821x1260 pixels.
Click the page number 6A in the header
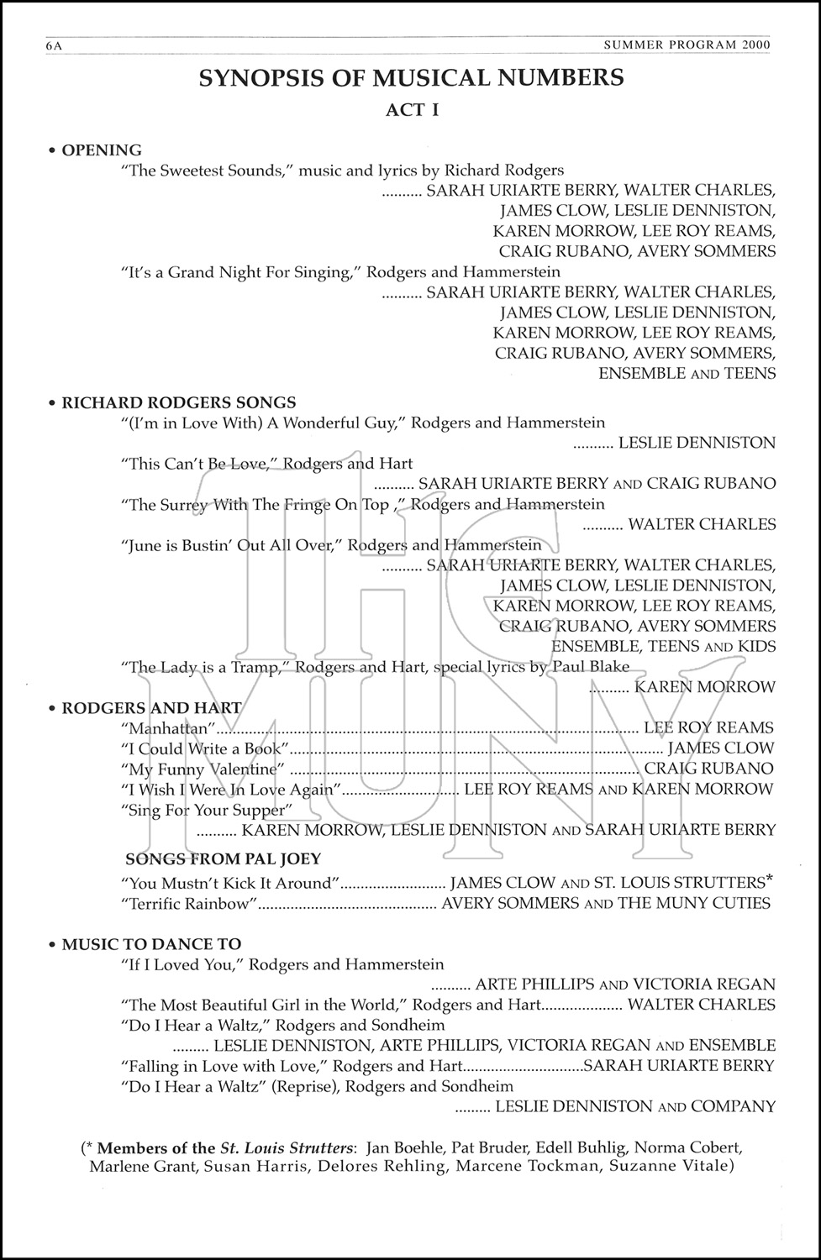[54, 46]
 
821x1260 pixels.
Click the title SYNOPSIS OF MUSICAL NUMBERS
[411, 78]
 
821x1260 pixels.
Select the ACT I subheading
[412, 109]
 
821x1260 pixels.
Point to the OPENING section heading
[102, 150]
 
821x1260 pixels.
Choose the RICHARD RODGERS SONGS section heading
[178, 402]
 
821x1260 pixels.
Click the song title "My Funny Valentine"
[201, 769]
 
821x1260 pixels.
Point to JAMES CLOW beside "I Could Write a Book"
[721, 748]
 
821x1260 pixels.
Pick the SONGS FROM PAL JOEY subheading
[223, 858]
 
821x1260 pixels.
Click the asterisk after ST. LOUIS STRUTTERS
[768, 879]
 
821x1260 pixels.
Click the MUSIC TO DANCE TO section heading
[151, 944]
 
